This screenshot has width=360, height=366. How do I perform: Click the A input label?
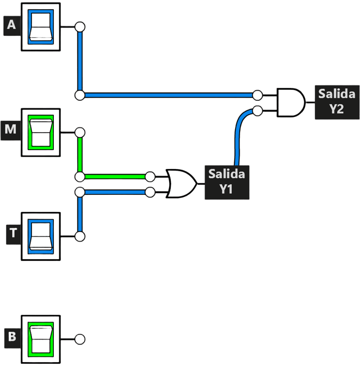pyautogui.click(x=12, y=26)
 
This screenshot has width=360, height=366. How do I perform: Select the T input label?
pyautogui.click(x=13, y=234)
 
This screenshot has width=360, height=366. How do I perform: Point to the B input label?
pyautogui.click(x=12, y=338)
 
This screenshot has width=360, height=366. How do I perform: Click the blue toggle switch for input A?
pyautogui.click(x=41, y=27)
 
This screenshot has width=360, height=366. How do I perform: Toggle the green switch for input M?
pyautogui.click(x=41, y=132)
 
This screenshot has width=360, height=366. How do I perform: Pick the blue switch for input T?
pyautogui.click(x=41, y=236)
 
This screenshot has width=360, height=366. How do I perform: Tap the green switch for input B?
pyautogui.click(x=41, y=340)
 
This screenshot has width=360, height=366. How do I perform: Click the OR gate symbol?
pyautogui.click(x=181, y=184)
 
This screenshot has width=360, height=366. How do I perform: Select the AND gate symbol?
pyautogui.click(x=291, y=102)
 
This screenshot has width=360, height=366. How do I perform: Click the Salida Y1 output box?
pyautogui.click(x=227, y=182)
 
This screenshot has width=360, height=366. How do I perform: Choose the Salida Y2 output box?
pyautogui.click(x=337, y=102)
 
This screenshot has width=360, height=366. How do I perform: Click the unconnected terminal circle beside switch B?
pyautogui.click(x=80, y=339)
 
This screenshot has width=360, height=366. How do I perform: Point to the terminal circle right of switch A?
pyautogui.click(x=80, y=27)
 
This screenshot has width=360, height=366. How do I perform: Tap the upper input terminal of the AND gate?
pyautogui.click(x=258, y=95)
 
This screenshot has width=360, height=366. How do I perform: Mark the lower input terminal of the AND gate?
pyautogui.click(x=258, y=111)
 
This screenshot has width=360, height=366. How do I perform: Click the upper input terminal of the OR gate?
pyautogui.click(x=150, y=177)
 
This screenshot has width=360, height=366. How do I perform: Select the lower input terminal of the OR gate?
pyautogui.click(x=150, y=192)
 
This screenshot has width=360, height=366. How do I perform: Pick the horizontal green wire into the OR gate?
pyautogui.click(x=115, y=177)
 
